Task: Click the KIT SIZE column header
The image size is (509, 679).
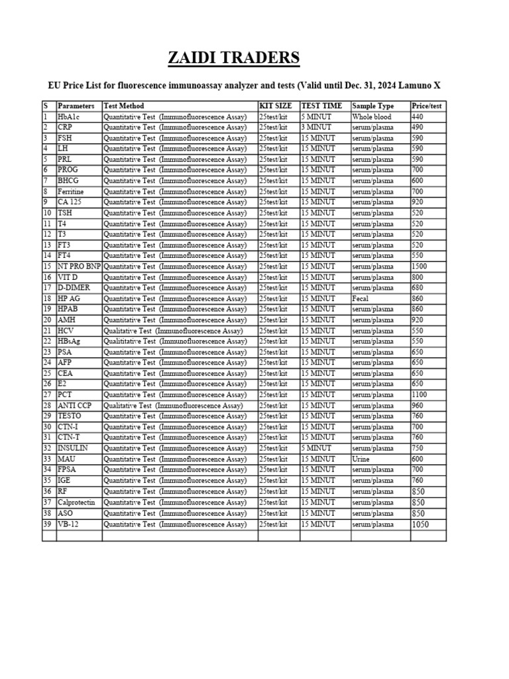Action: tap(275, 105)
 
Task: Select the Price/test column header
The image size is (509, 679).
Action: tap(427, 105)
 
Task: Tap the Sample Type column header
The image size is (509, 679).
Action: tap(372, 105)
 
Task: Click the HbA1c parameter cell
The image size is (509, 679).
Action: tap(68, 117)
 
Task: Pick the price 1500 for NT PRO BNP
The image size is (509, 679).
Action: tap(420, 267)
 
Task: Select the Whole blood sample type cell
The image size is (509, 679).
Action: tap(371, 117)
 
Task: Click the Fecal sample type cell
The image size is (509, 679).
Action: tap(361, 298)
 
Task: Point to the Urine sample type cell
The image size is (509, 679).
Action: tap(361, 459)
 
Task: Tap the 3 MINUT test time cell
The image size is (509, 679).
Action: tap(316, 127)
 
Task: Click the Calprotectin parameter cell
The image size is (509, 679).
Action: tap(76, 502)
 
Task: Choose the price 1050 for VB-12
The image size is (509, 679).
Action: tap(420, 524)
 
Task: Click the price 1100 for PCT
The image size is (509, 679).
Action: tap(420, 395)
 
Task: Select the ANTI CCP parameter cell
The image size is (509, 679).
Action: tap(74, 405)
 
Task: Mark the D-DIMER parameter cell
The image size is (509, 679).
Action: tap(73, 288)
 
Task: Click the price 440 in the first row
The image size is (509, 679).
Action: tap(418, 117)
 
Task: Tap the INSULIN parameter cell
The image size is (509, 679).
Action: tap(72, 448)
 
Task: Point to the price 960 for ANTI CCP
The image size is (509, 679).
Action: tap(418, 405)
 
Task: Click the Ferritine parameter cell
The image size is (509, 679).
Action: tap(71, 192)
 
